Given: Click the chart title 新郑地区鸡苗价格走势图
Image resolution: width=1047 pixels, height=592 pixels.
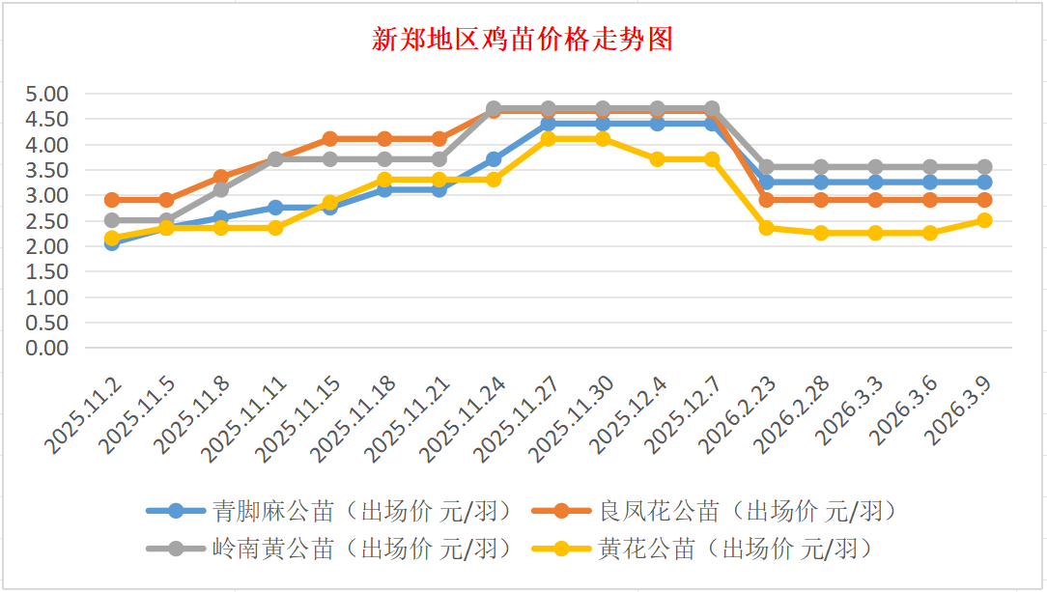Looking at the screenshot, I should coord(523,40).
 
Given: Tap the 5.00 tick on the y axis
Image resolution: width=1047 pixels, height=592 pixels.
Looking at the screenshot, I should coord(49,94).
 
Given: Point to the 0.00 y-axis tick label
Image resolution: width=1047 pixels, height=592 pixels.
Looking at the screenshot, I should coord(49,348).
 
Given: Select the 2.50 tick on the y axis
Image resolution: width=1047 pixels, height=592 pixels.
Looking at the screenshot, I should coord(49,221).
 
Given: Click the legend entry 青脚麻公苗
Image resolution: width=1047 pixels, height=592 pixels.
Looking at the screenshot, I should coord(273,510).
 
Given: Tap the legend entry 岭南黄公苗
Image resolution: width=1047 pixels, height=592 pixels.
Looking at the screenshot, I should coord(273,549).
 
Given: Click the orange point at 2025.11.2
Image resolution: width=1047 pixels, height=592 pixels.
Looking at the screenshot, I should coord(112,200).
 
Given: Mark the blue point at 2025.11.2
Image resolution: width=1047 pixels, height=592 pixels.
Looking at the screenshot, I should coord(112,242).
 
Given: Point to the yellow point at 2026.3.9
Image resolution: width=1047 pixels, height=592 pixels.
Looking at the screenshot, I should coord(984,220).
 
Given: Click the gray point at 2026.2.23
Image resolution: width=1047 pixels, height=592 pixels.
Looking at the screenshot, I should coord(766,167).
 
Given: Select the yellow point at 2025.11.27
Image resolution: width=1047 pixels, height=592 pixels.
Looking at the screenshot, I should coord(548,139).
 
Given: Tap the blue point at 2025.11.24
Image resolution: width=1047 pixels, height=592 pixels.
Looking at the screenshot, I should coord(494,159).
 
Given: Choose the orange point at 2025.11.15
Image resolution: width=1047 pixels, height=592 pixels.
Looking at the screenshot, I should coord(330,139).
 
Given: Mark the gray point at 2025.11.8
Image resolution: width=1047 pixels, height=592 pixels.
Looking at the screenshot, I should coord(221,189).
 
